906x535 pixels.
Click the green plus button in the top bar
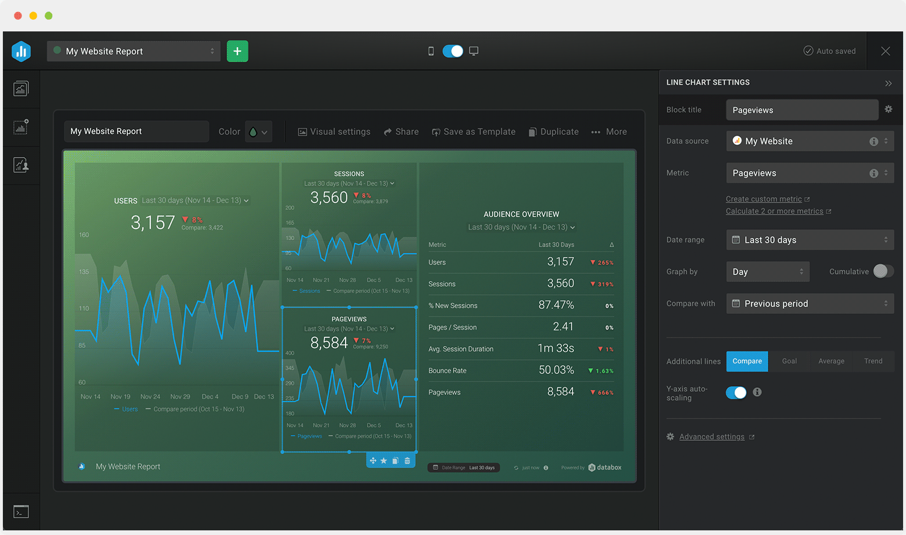pyautogui.click(x=237, y=51)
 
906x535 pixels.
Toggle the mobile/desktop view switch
pyautogui.click(x=452, y=51)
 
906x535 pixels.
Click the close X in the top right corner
pyautogui.click(x=885, y=51)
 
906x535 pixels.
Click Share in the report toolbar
pyautogui.click(x=401, y=132)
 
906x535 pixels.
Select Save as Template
pyautogui.click(x=473, y=132)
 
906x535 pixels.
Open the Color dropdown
pyautogui.click(x=258, y=132)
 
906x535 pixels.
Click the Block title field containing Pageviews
pyautogui.click(x=801, y=110)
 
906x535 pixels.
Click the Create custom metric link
pyautogui.click(x=764, y=199)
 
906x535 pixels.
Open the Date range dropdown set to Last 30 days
pyautogui.click(x=810, y=240)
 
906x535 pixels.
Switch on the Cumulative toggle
pyautogui.click(x=883, y=271)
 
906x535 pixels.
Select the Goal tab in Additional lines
pyautogui.click(x=789, y=361)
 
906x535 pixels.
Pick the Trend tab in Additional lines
pyautogui.click(x=873, y=361)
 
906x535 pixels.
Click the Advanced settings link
pyautogui.click(x=711, y=437)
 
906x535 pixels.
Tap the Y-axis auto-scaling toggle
pyautogui.click(x=736, y=393)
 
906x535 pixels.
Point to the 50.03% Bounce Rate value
pyautogui.click(x=556, y=370)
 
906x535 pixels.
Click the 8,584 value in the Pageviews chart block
pyautogui.click(x=329, y=343)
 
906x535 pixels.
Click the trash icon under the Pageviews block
pyautogui.click(x=407, y=461)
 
